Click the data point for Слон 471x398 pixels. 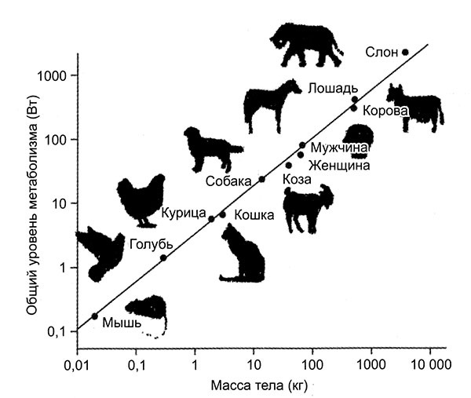tap(405, 52)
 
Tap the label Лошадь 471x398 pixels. tap(333, 86)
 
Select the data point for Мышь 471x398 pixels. tap(95, 316)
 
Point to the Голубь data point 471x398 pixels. tap(163, 257)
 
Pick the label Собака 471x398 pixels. tap(230, 181)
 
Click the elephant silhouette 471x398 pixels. tap(306, 44)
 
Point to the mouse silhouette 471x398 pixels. tap(149, 312)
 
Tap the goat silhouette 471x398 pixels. tap(308, 206)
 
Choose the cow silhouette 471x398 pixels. tap(414, 107)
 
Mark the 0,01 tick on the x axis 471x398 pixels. tap(76, 365)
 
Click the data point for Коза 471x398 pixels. tap(288, 166)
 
